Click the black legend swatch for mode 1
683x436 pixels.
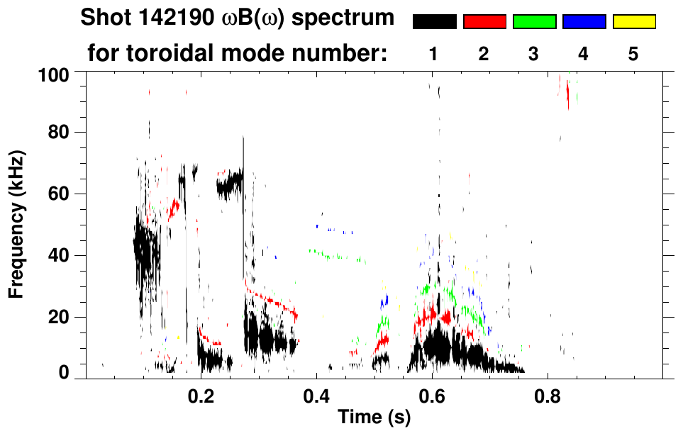click(434, 22)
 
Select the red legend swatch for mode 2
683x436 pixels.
click(484, 22)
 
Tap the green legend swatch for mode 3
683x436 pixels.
click(534, 22)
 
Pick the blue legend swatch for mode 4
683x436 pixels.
click(584, 22)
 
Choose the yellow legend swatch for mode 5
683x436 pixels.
click(633, 22)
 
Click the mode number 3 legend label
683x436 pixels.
click(534, 55)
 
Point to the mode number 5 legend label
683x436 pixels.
click(633, 55)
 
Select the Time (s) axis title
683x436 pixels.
click(374, 418)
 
